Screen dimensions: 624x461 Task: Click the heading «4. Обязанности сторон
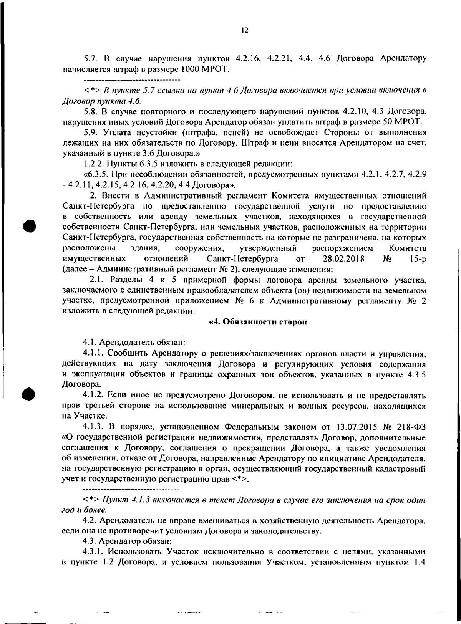pos(257,322)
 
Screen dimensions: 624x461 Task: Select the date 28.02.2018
pos(344,258)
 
